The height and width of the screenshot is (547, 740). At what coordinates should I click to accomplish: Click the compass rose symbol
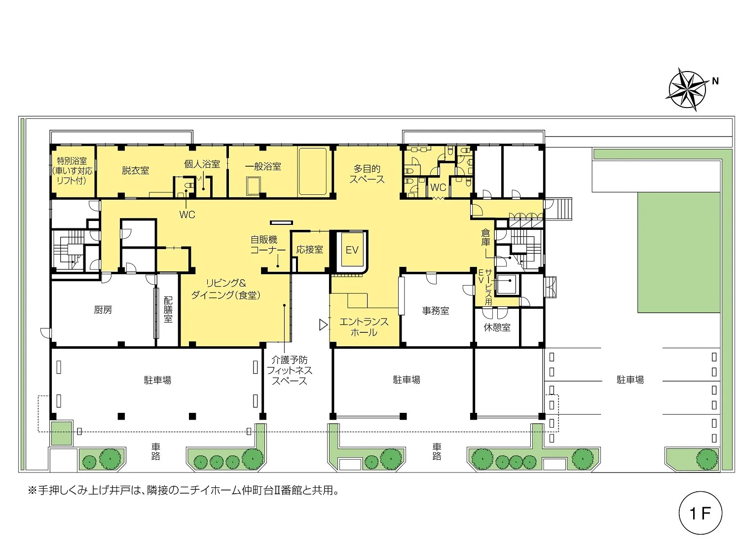coord(687,89)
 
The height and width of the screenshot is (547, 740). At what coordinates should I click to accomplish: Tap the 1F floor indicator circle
coord(701,512)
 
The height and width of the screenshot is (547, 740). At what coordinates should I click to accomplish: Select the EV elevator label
coord(352,250)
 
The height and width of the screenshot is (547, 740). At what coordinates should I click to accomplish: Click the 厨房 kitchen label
coord(103,310)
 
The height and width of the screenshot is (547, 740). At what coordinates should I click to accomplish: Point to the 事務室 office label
coord(436,311)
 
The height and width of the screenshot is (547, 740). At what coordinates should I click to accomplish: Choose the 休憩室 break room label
coord(497,327)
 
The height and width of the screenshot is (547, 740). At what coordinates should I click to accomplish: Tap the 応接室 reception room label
coord(310,249)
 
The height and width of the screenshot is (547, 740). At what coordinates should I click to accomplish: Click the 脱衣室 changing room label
coord(135,171)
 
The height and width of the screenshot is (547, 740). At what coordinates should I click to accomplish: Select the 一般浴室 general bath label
coord(263,166)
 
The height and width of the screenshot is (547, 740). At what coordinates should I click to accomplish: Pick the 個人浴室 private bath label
coord(202,164)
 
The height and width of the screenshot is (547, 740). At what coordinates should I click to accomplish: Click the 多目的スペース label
coord(367,174)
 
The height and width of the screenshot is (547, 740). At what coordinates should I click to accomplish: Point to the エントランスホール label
coord(364,327)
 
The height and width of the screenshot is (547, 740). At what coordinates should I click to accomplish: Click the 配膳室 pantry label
coord(168,310)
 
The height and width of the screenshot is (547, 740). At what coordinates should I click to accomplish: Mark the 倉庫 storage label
coord(485,237)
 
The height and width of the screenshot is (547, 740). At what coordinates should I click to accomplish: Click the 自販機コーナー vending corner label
coord(268,245)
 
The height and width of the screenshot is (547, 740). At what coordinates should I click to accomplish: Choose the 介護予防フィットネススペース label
coord(289,370)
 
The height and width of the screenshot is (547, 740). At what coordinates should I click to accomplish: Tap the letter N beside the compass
coord(715,81)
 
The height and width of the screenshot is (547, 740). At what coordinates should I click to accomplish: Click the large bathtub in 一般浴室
coord(313,172)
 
